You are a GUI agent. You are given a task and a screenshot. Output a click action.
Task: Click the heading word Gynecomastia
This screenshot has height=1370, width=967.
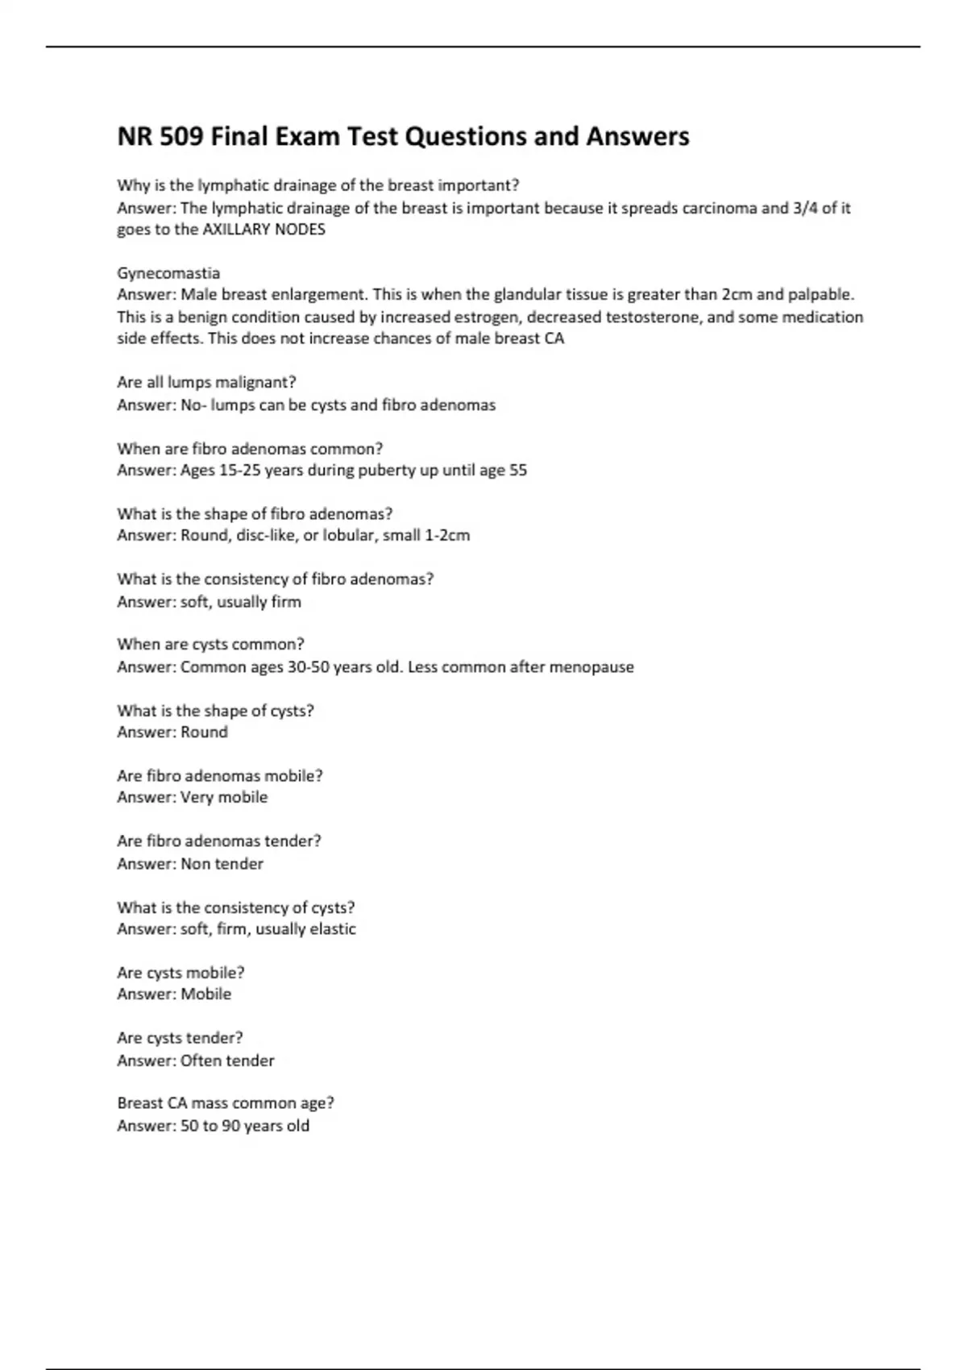click(168, 273)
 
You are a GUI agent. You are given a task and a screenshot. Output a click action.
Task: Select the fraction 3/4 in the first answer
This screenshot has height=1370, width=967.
click(805, 208)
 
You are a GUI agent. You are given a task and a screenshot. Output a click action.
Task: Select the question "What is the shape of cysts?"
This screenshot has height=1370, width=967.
click(215, 711)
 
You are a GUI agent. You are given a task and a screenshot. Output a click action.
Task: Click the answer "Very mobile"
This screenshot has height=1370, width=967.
click(224, 797)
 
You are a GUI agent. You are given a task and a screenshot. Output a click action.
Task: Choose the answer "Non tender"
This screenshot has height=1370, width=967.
click(222, 864)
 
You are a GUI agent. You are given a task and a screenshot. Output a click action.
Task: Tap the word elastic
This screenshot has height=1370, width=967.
click(333, 929)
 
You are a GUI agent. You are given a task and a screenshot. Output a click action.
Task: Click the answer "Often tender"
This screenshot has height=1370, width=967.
click(227, 1061)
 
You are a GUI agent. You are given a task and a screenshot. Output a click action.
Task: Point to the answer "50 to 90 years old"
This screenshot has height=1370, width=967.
click(245, 1126)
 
